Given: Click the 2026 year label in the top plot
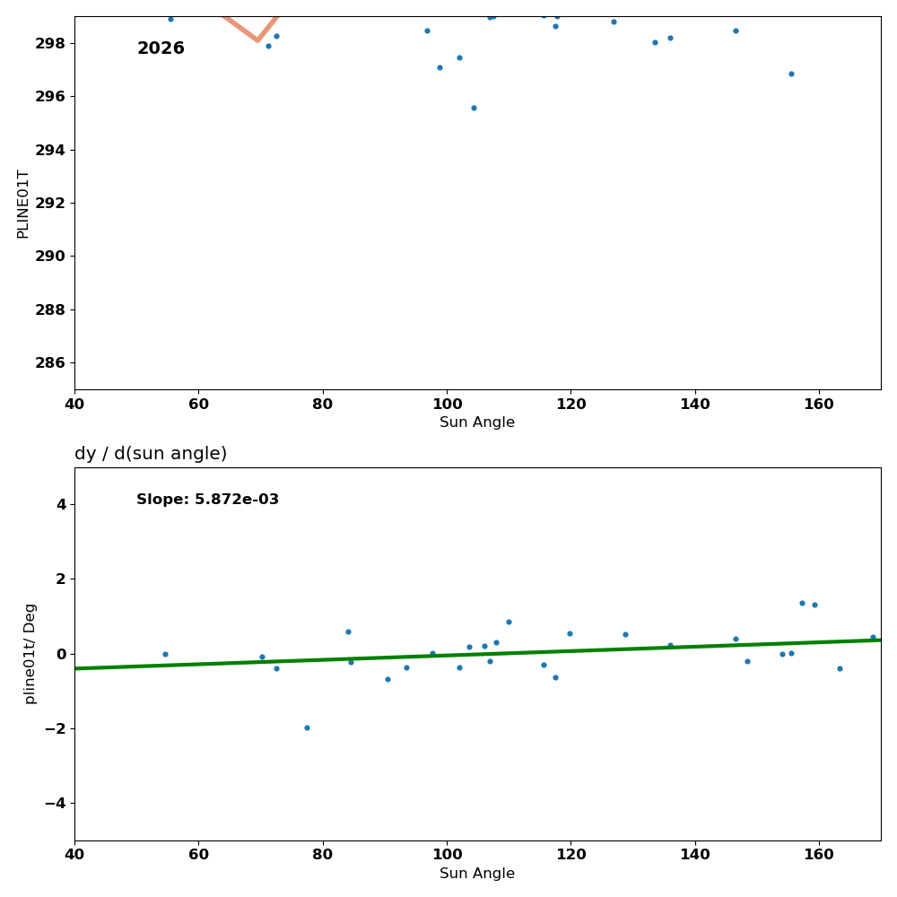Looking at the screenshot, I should click(161, 48).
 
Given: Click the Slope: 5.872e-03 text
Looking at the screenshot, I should click(207, 500).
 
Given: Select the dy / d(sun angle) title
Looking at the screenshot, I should click(151, 454).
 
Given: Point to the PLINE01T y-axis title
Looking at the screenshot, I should click(23, 204).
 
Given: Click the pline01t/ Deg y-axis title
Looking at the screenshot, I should click(30, 653).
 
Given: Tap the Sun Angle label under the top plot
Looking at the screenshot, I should click(477, 422).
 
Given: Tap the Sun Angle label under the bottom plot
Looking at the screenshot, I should click(477, 874).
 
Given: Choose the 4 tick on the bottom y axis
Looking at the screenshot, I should click(61, 504).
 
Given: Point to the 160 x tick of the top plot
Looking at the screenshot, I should click(819, 404).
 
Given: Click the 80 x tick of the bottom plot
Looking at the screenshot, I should click(323, 855).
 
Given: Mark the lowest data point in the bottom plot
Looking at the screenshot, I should click(307, 727).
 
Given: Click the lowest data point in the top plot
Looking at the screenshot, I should click(474, 108).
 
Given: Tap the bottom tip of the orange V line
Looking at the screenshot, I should click(257, 40).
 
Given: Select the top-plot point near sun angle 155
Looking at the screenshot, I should click(791, 74).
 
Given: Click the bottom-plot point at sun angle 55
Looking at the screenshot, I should click(165, 654).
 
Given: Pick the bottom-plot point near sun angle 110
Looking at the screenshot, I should click(509, 622).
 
